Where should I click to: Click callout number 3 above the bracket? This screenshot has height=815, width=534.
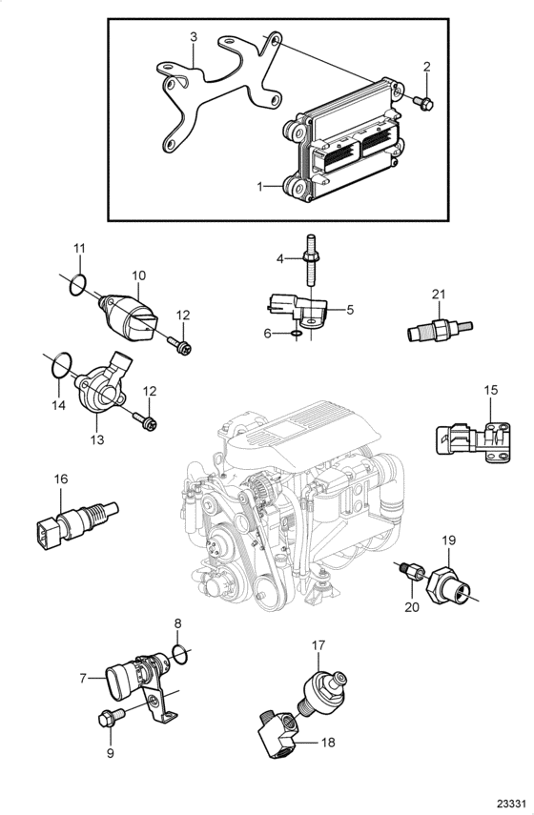[194, 37]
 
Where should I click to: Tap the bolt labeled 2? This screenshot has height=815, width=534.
[424, 103]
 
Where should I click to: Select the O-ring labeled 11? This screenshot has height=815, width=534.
[77, 285]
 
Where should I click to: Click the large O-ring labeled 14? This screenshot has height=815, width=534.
[60, 366]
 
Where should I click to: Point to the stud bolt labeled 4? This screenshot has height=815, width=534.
[310, 261]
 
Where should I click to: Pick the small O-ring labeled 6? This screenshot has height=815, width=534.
[297, 333]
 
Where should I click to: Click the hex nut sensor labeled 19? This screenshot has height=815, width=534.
[447, 585]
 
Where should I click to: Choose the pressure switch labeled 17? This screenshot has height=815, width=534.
[324, 688]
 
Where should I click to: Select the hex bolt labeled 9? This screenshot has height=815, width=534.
[112, 718]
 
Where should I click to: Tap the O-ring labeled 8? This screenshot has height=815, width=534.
[179, 655]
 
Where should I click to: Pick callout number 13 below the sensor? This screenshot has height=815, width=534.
[97, 439]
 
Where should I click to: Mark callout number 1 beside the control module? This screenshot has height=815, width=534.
[260, 186]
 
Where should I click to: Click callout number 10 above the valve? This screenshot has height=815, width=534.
[139, 275]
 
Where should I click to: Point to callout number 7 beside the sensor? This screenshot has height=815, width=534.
[83, 678]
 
